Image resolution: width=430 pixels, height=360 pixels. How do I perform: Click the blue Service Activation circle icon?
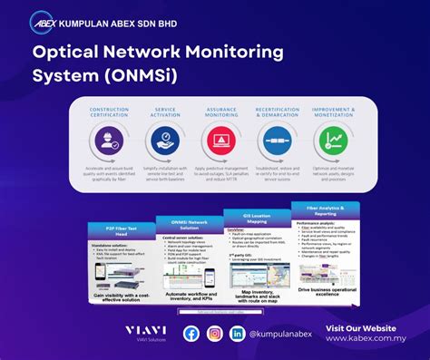coord(164,141)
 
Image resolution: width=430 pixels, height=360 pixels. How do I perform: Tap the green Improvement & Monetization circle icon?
coord(333,141)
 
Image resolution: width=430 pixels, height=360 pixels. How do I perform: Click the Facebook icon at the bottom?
coord(191,334)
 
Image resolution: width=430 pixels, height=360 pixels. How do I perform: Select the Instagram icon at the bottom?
coord(215,334)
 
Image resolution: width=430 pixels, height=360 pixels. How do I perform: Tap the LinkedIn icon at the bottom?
coord(238,334)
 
